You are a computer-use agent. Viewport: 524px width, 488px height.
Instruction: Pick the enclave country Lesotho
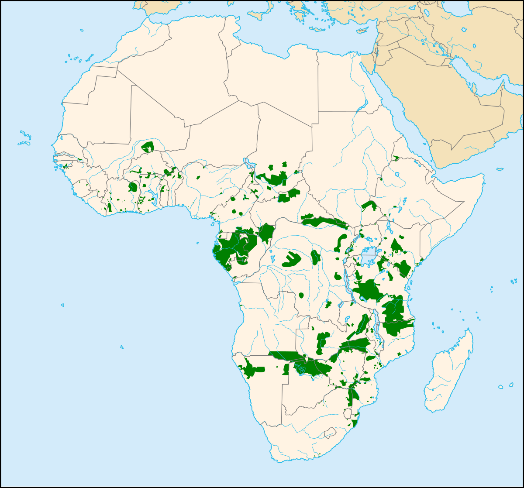pos(330,433)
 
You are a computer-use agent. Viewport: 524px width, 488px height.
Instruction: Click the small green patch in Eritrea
pos(396,158)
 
